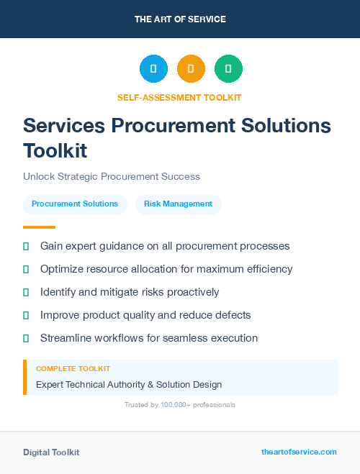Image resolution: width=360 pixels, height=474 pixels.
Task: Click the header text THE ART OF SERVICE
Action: click(180, 19)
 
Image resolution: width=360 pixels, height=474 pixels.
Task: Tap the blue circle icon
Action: click(153, 68)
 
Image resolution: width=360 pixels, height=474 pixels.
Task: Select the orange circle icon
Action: click(191, 68)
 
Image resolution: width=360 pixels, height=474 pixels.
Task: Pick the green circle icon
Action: click(228, 68)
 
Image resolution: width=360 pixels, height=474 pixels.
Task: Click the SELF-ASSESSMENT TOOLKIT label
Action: click(179, 97)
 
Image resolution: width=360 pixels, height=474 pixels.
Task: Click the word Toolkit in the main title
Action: click(55, 151)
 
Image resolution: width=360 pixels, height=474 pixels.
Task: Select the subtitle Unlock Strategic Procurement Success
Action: click(112, 176)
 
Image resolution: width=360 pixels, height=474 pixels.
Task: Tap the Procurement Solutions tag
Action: click(75, 204)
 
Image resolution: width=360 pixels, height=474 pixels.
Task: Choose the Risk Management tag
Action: click(178, 204)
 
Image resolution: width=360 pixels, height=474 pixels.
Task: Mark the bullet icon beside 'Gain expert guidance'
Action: click(26, 246)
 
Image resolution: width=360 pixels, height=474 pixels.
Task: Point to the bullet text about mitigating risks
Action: click(130, 292)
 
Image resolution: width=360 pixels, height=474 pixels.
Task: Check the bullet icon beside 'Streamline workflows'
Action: click(26, 338)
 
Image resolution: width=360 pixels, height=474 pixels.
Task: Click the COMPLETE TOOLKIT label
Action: click(73, 368)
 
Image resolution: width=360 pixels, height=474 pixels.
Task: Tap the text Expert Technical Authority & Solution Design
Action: click(129, 385)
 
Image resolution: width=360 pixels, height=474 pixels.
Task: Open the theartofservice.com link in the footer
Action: click(299, 452)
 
